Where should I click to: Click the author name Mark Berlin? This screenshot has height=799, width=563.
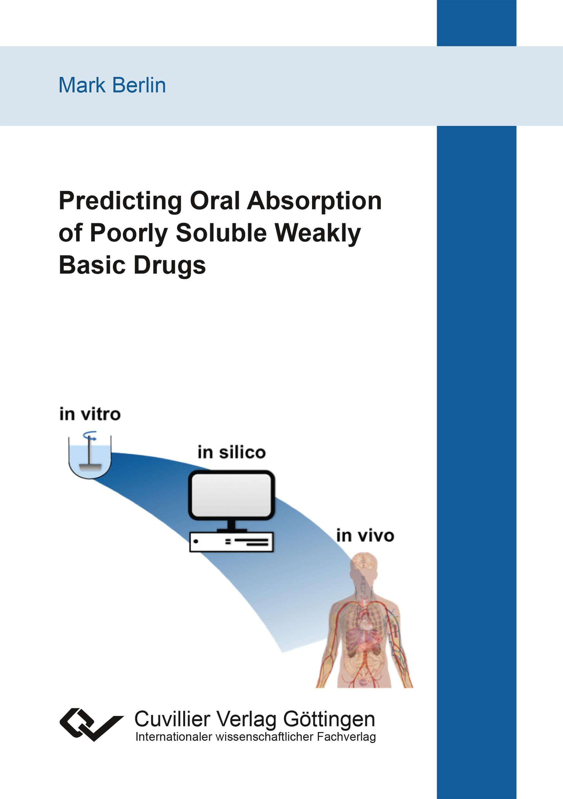112,85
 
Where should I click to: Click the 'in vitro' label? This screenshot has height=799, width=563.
90,414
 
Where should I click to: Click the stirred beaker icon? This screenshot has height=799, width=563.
90,456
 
